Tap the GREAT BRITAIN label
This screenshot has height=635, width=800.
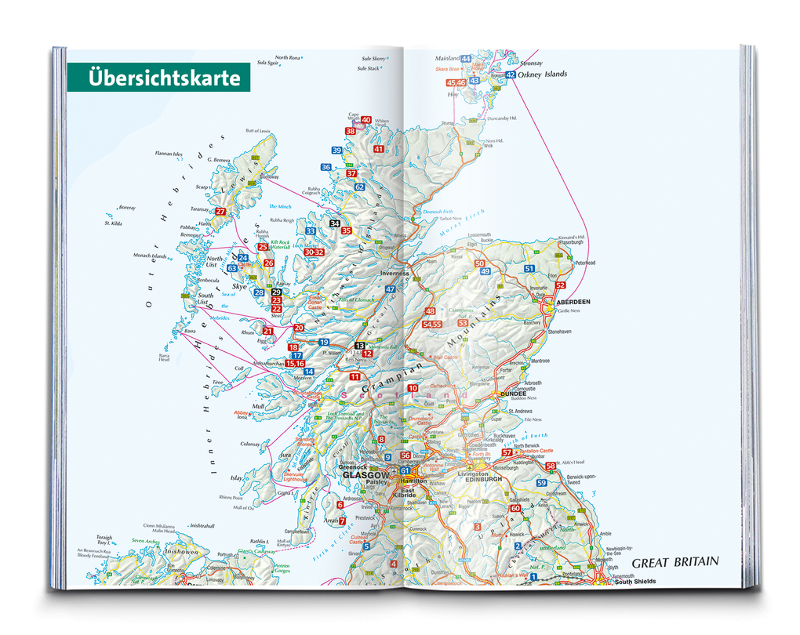coord(675,562)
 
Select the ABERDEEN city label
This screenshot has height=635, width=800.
coord(573,301)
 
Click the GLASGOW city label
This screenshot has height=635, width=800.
coord(364,475)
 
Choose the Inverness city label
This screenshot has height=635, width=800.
coord(395,274)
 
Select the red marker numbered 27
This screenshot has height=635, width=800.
coord(220,212)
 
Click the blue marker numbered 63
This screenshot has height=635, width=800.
coord(232,268)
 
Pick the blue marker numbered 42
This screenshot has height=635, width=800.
coord(511,75)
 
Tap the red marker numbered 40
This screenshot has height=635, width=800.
coord(365,120)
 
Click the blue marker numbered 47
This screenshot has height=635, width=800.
coord(390,289)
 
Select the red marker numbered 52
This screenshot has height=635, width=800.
coord(560,285)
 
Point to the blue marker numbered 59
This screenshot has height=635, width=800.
coord(541,483)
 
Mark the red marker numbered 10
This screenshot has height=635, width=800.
coord(413,388)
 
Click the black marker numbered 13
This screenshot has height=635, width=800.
coord(359,346)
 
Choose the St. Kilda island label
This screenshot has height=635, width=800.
coord(112,223)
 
